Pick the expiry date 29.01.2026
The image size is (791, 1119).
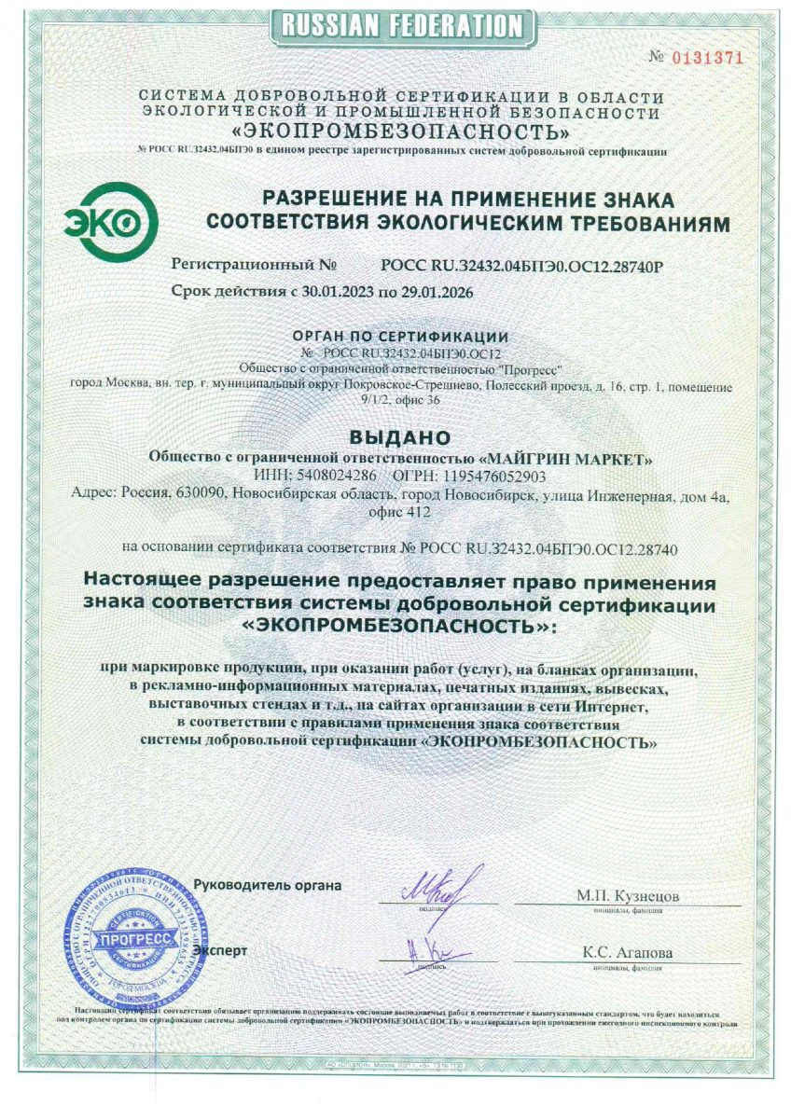coord(435,292)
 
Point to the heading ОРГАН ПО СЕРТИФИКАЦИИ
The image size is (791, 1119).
coord(400,337)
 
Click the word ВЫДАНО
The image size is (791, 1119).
coord(399,436)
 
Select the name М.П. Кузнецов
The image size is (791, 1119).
coord(627,896)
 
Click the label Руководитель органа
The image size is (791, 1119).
coord(268,883)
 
